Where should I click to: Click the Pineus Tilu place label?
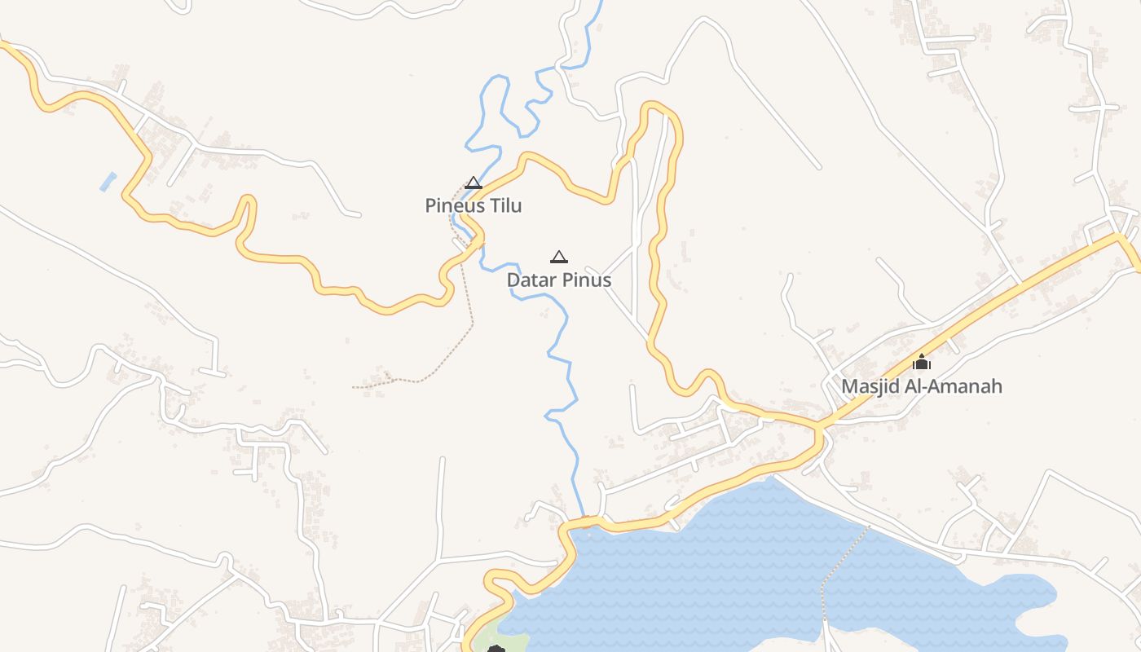(473, 206)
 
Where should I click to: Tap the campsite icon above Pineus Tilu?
(474, 183)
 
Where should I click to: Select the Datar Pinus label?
(558, 280)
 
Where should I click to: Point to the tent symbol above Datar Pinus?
(559, 258)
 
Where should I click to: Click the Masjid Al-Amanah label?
(921, 386)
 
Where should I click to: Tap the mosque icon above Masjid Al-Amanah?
(922, 363)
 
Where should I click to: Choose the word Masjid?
(869, 386)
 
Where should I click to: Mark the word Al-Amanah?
(951, 386)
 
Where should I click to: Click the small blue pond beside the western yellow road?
(108, 181)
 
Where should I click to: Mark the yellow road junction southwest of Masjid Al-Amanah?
(819, 426)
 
